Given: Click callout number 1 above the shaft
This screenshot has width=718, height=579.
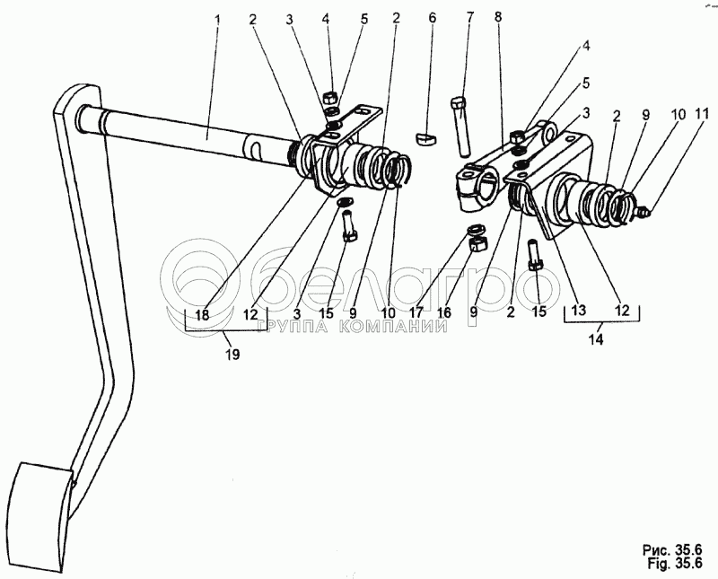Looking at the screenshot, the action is [217, 17].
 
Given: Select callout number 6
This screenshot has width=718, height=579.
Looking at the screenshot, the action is [432, 17].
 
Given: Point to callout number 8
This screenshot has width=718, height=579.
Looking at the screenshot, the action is [499, 17].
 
